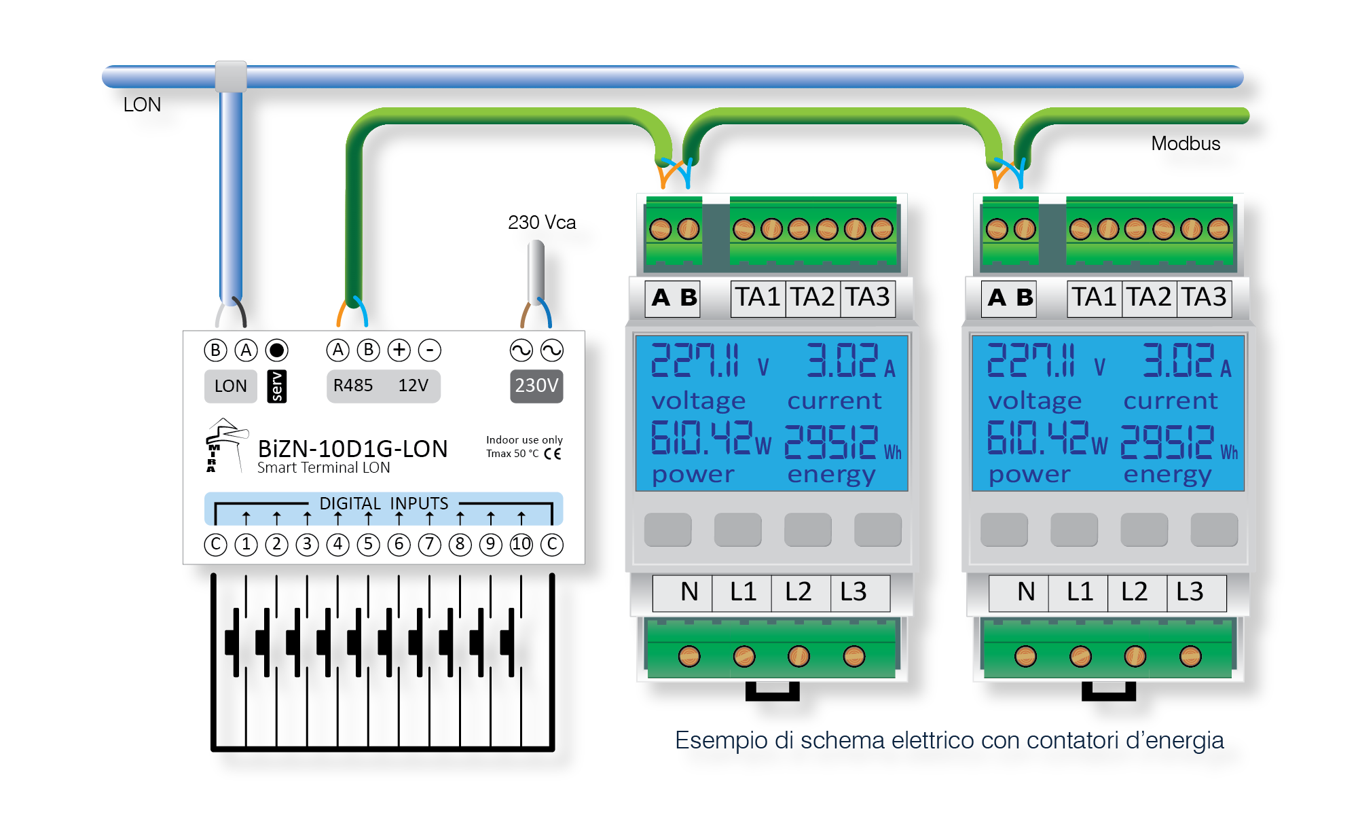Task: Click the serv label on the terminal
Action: [x=277, y=386]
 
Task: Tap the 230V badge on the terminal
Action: [x=536, y=386]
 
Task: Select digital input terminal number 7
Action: [x=429, y=545]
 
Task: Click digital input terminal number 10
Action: [x=521, y=545]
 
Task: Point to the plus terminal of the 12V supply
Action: [x=399, y=350]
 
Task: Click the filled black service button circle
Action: [x=276, y=350]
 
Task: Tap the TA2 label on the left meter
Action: [x=813, y=297]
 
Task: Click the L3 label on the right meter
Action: [x=1190, y=592]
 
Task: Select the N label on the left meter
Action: [x=689, y=592]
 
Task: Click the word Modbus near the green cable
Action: [x=1186, y=143]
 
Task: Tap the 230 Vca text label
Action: [x=542, y=222]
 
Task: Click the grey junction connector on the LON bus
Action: [x=231, y=76]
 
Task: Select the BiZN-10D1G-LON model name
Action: [x=352, y=449]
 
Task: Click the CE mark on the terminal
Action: [x=553, y=454]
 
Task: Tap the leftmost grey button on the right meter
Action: [x=1004, y=530]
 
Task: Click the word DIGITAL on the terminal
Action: [x=350, y=503]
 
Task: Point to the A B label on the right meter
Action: [x=1011, y=297]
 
